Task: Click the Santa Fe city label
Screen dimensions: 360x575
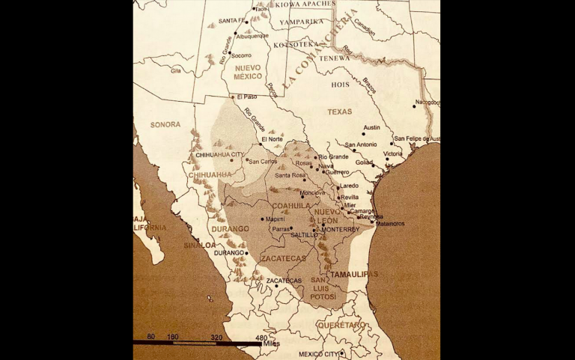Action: (232, 21)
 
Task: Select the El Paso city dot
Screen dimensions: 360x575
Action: (233, 96)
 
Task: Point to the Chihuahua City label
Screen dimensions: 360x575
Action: (219, 155)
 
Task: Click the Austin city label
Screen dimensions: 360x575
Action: (371, 128)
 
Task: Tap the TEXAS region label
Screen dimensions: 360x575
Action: (339, 112)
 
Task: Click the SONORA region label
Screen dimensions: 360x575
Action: (165, 125)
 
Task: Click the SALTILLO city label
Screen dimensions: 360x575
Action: (303, 235)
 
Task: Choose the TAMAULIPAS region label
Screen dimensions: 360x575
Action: (354, 274)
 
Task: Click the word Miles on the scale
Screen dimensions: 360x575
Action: (271, 344)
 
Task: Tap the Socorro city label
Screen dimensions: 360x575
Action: (241, 55)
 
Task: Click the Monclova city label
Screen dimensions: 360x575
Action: (312, 192)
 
